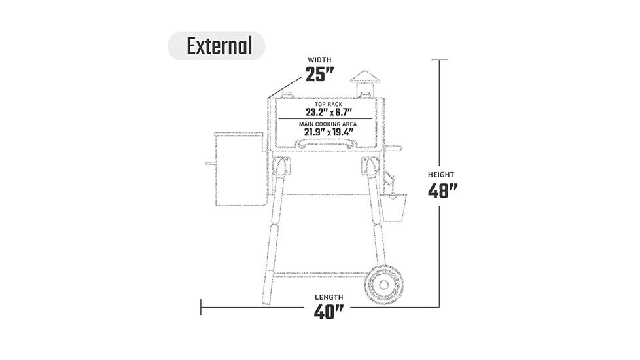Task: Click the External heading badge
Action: click(x=217, y=46)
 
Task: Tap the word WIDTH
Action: click(x=319, y=60)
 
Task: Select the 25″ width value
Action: click(x=319, y=74)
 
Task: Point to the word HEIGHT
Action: click(x=441, y=175)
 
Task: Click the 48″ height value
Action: click(x=442, y=190)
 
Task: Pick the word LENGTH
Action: click(x=329, y=297)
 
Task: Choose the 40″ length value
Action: click(x=329, y=312)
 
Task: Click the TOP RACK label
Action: click(x=329, y=105)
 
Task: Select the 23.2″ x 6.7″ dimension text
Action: click(x=329, y=112)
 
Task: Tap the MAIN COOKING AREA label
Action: click(x=328, y=124)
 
